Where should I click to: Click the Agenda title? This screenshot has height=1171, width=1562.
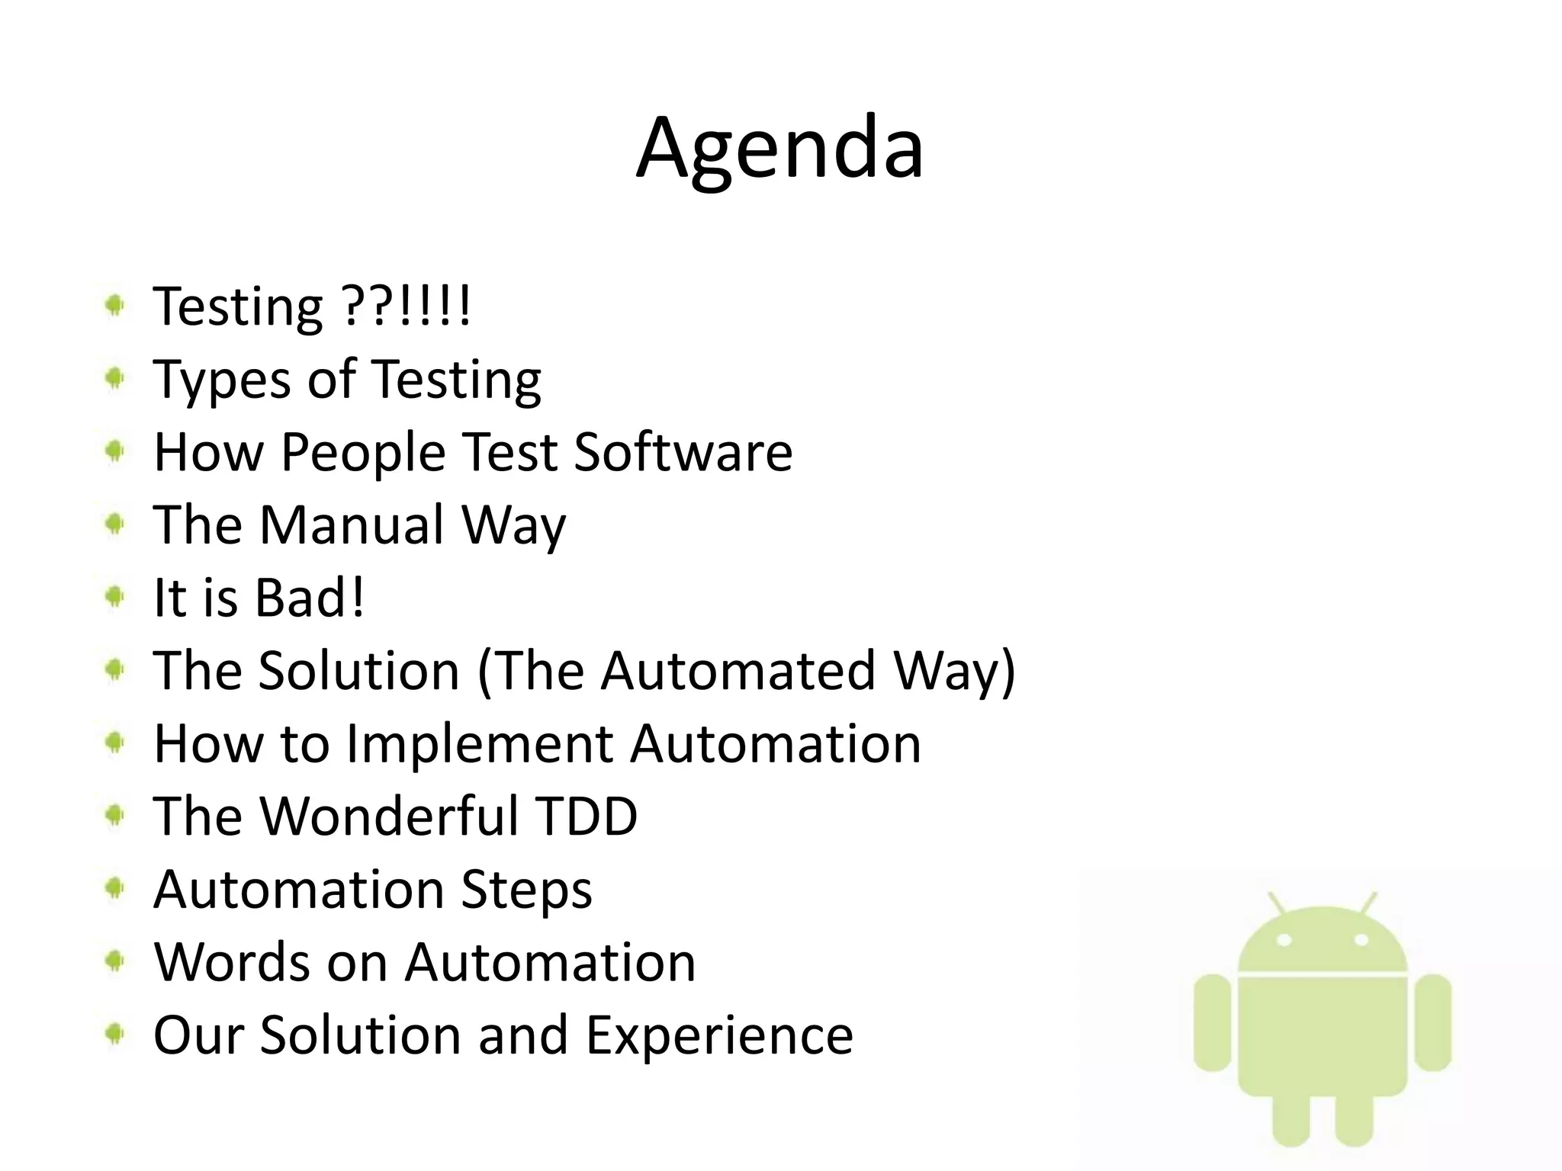click(779, 148)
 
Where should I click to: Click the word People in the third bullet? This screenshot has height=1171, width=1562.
click(363, 452)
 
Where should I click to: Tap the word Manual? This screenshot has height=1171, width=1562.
click(352, 525)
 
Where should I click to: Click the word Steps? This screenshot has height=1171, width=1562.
click(526, 890)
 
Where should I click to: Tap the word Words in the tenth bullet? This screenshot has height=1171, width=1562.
click(230, 962)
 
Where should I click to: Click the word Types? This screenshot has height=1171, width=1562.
click(222, 380)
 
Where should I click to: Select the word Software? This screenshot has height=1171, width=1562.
click(683, 452)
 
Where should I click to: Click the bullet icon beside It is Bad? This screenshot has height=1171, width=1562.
click(114, 597)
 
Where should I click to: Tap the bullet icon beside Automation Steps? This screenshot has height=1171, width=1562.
click(114, 888)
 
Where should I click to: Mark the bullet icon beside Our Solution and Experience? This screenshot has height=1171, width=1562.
click(114, 1034)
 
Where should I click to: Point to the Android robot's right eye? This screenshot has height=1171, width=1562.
click(1360, 940)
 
